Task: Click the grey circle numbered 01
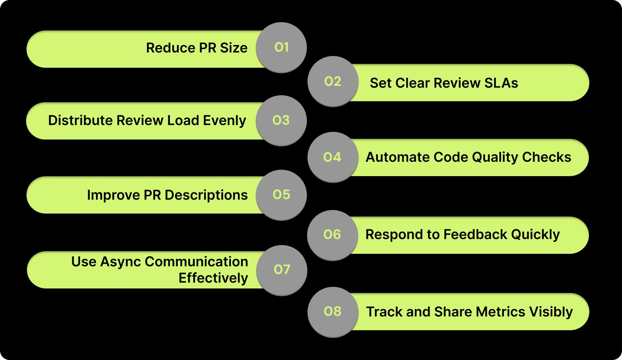tap(281, 47)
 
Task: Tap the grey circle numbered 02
tap(333, 81)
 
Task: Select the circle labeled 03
tap(281, 121)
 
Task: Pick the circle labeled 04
tap(332, 157)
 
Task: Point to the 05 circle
tap(281, 195)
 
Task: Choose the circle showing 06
tap(332, 235)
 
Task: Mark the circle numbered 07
tap(282, 270)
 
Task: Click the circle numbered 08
tap(333, 311)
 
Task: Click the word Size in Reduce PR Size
tap(234, 48)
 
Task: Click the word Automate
tap(397, 157)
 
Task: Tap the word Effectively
tap(213, 278)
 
